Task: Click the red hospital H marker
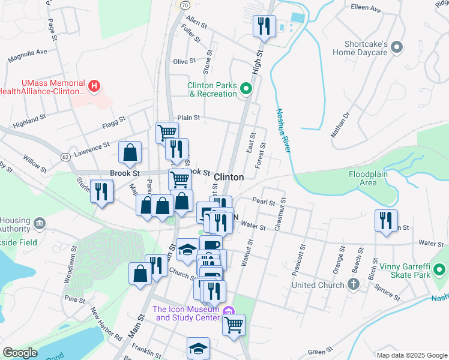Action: coord(94,86)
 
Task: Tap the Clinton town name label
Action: coord(229,177)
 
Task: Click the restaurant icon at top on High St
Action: coord(264,26)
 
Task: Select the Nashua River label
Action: coord(283,130)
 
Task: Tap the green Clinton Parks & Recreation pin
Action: coord(246,89)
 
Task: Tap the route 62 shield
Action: coord(64,157)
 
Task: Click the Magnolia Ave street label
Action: coord(27,56)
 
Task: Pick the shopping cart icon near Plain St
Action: coord(166,131)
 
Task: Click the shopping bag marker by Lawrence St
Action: coord(130,153)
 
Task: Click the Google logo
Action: coord(20,353)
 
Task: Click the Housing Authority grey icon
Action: coord(40,224)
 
